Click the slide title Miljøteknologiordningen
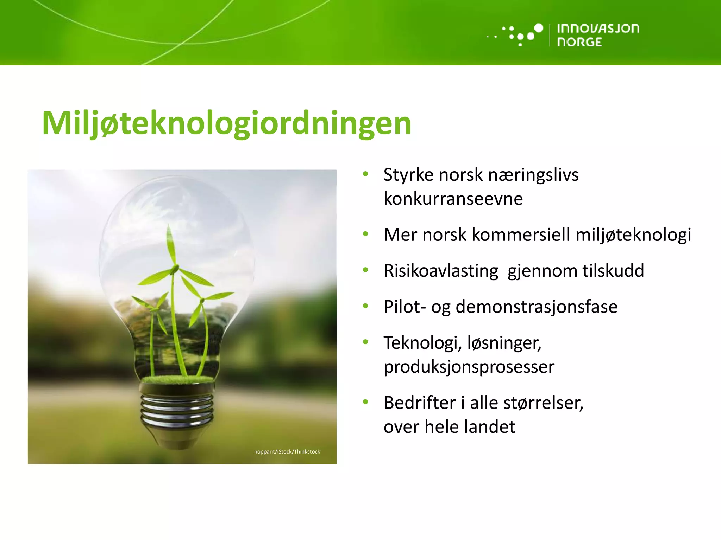coord(226,123)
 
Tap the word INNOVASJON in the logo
coord(598,28)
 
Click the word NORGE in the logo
coord(579,42)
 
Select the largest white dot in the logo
coord(538,28)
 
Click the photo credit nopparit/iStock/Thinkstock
coord(287,452)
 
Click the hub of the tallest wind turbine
coord(174,270)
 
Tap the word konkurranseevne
coord(453,199)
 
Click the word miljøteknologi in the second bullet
coord(633,235)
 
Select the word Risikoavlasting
coord(441,271)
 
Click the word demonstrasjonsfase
coord(536,307)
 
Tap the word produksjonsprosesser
coord(469,367)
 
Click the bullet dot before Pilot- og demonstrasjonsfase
coord(365,306)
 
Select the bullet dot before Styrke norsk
coord(365,174)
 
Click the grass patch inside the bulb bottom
coord(178,379)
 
